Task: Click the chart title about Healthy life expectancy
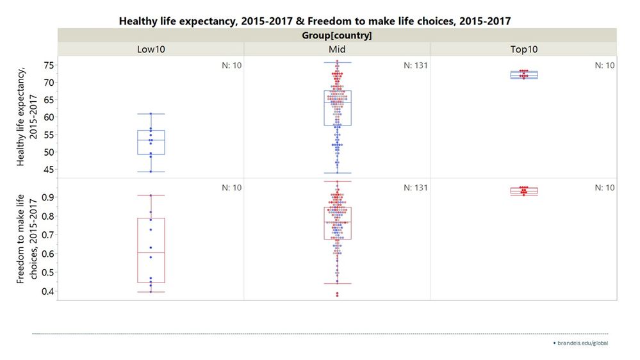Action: coord(315,21)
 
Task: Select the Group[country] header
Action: coord(336,35)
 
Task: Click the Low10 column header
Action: coord(151,49)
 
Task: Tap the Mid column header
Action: coord(337,49)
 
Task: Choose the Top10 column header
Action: coord(523,49)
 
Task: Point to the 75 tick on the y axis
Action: coord(49,65)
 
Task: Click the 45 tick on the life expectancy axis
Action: coord(49,169)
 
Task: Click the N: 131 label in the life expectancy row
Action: coord(415,65)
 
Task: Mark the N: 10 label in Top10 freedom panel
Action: coord(605,188)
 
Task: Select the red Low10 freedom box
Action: coord(151,250)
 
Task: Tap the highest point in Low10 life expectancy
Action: coord(151,114)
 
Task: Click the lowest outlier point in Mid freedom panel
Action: coord(338,295)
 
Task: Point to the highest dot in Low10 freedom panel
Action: coord(151,195)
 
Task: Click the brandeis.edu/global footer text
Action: coord(582,343)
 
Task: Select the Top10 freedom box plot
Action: coord(524,191)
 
